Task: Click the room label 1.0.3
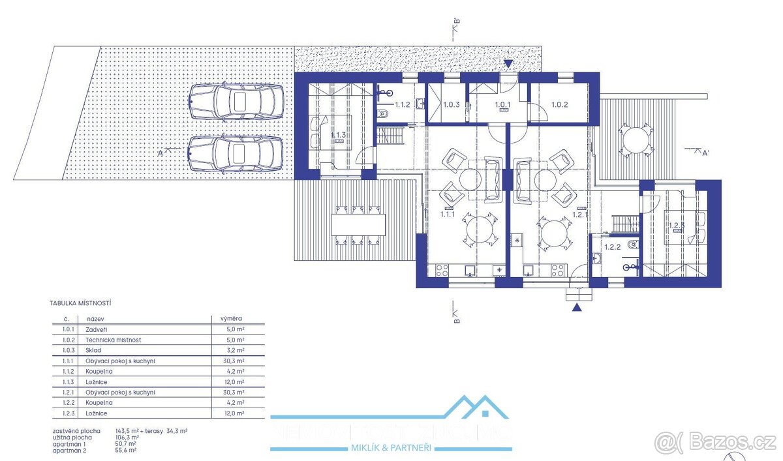pyautogui.click(x=452, y=104)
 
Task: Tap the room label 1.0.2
pyautogui.click(x=560, y=104)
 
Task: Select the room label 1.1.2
pyautogui.click(x=402, y=104)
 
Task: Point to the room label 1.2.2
pyautogui.click(x=613, y=247)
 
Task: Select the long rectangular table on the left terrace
pyautogui.click(x=358, y=225)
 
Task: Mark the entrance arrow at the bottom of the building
pyautogui.click(x=576, y=308)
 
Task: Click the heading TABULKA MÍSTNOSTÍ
pyautogui.click(x=80, y=303)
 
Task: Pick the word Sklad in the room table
pyautogui.click(x=93, y=350)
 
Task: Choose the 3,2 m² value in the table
pyautogui.click(x=236, y=350)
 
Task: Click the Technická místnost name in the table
pyautogui.click(x=114, y=340)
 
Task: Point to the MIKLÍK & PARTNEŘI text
pyautogui.click(x=391, y=448)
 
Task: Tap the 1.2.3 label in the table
pyautogui.click(x=67, y=413)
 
